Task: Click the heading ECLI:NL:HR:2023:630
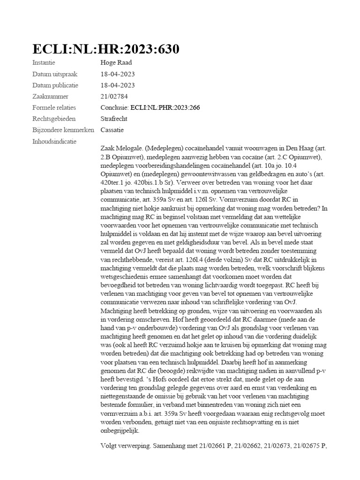coord(105,50)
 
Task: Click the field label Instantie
coord(44,63)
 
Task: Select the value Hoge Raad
coord(117,63)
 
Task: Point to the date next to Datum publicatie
coord(118,85)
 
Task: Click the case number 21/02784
coord(114,97)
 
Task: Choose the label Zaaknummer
coord(48,97)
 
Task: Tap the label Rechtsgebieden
coord(54,119)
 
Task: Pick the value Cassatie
coord(112,130)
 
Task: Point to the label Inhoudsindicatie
coord(54,142)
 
